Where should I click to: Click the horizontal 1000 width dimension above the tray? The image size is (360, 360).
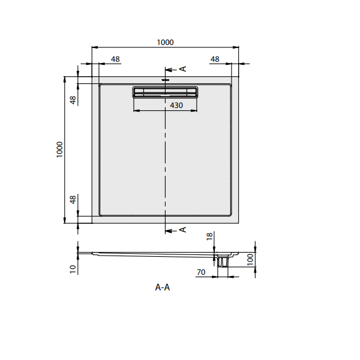point(165,42)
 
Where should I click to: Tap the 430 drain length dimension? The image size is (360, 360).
point(176,105)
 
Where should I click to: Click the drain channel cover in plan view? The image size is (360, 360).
point(164,92)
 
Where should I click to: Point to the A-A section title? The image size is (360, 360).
point(163,287)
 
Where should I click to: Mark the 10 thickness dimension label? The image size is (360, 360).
point(72,269)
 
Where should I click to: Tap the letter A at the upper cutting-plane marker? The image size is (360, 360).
point(183,68)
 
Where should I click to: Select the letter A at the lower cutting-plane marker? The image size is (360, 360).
point(183,230)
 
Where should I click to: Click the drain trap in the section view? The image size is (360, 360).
point(223,261)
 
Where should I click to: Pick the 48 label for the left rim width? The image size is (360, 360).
point(115,59)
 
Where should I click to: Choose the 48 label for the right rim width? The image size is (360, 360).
point(215,59)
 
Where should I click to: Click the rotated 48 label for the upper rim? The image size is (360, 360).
point(73,100)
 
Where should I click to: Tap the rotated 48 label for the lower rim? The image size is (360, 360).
point(73,200)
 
